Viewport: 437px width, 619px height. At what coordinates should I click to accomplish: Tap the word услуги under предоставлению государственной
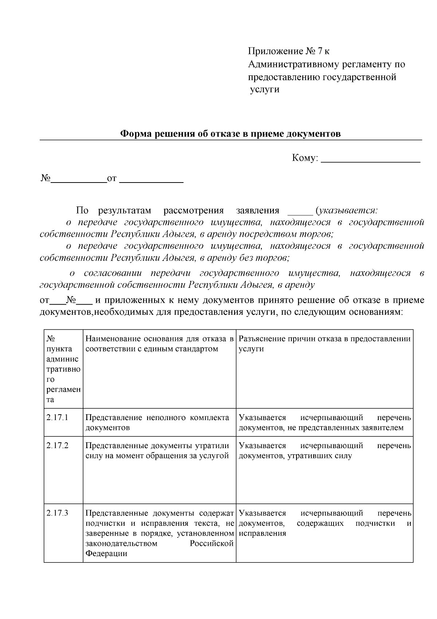tap(265, 90)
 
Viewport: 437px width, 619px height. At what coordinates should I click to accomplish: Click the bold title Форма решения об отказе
tap(230, 134)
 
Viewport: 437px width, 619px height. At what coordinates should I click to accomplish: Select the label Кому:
tap(305, 158)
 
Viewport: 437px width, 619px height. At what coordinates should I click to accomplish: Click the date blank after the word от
tap(151, 179)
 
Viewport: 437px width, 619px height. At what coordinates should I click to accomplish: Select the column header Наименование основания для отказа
tap(159, 339)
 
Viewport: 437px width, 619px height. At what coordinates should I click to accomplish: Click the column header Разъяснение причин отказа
tap(324, 339)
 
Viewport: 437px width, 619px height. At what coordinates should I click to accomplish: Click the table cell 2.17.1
tap(58, 418)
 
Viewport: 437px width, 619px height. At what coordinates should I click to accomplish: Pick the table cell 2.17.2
tap(58, 446)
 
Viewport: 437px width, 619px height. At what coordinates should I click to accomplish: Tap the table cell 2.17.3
tap(58, 513)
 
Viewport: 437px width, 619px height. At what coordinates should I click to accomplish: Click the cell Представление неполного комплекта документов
tap(157, 423)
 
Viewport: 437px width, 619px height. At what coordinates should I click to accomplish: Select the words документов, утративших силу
tap(295, 456)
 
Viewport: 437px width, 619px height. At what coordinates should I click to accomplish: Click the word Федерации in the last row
tap(106, 554)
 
